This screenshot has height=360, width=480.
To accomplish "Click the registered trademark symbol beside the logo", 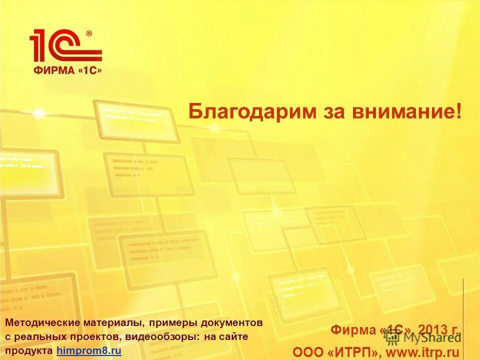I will click(x=89, y=33).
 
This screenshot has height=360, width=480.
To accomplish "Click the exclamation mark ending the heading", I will click(x=459, y=111).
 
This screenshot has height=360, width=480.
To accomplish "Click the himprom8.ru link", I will click(x=89, y=351).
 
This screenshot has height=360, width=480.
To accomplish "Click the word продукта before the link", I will click(x=29, y=351).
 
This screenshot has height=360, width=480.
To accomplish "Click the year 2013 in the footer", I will click(x=434, y=330).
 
